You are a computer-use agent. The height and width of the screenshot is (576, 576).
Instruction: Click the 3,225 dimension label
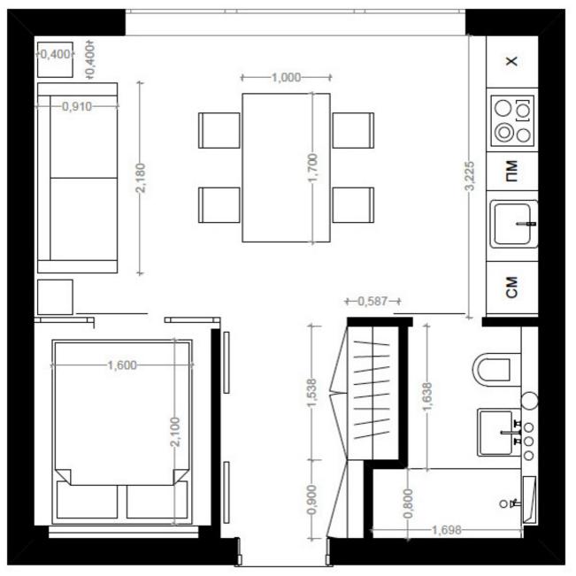pos(470,175)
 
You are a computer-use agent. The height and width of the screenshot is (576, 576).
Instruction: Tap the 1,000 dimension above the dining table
pos(286,78)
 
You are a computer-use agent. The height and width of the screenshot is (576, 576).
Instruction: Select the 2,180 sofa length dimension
pos(141,178)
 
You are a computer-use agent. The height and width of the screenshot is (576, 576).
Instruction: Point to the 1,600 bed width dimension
pos(122,365)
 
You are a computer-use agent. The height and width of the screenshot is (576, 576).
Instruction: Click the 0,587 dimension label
pos(372,301)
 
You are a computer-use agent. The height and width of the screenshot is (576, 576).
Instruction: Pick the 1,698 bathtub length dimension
pos(446,530)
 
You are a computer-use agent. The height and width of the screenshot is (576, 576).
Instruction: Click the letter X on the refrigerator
pos(512,61)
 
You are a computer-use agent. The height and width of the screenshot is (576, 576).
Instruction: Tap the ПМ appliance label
pos(511,171)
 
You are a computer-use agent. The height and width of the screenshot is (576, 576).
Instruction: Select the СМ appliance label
pos(511,287)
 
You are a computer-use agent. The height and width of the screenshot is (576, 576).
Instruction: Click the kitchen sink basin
pos(512,224)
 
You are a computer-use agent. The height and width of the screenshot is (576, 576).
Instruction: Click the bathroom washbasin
pos(495,432)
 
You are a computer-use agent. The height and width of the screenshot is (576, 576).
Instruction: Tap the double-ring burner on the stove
pos(503,132)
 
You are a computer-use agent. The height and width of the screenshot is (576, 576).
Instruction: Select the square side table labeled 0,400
pos(55,59)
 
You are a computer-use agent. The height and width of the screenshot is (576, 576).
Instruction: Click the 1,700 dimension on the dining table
pos(312,167)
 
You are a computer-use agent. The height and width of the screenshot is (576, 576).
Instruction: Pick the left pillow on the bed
pos(87,501)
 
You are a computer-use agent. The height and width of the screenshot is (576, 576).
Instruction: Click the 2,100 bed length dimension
pos(175,432)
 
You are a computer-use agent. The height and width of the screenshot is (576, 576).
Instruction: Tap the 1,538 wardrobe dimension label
pos(311,393)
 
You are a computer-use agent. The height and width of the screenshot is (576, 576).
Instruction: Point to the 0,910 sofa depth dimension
pos(76,106)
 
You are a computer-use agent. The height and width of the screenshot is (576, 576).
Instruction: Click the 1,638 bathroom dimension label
pos(427,396)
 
